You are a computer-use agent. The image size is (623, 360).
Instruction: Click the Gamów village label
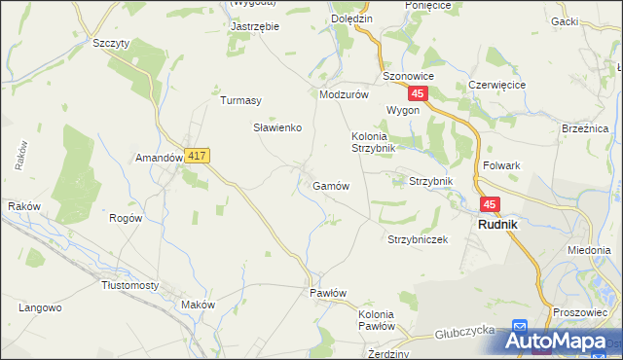coord(331,185)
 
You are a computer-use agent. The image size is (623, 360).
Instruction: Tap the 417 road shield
coord(198,156)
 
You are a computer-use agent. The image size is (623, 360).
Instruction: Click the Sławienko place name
coord(278,127)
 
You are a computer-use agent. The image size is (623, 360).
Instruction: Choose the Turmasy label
coord(240,100)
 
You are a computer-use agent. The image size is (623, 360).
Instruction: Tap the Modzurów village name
coord(344,94)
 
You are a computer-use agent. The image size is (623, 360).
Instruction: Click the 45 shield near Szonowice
coord(418,93)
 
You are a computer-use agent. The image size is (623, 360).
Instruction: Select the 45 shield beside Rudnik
coord(489,204)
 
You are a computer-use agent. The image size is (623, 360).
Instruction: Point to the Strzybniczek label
coord(418,239)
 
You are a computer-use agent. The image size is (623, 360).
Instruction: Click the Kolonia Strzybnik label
coord(373,142)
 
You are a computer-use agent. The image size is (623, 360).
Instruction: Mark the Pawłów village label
coord(328,293)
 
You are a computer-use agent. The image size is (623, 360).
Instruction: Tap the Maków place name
coord(198,305)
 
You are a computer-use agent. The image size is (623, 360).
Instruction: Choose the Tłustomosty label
coord(129,285)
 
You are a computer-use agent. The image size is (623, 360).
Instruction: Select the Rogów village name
coord(127,218)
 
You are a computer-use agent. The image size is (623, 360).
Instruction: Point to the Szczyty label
coord(110,44)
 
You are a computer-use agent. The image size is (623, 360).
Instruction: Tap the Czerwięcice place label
coord(496,85)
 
